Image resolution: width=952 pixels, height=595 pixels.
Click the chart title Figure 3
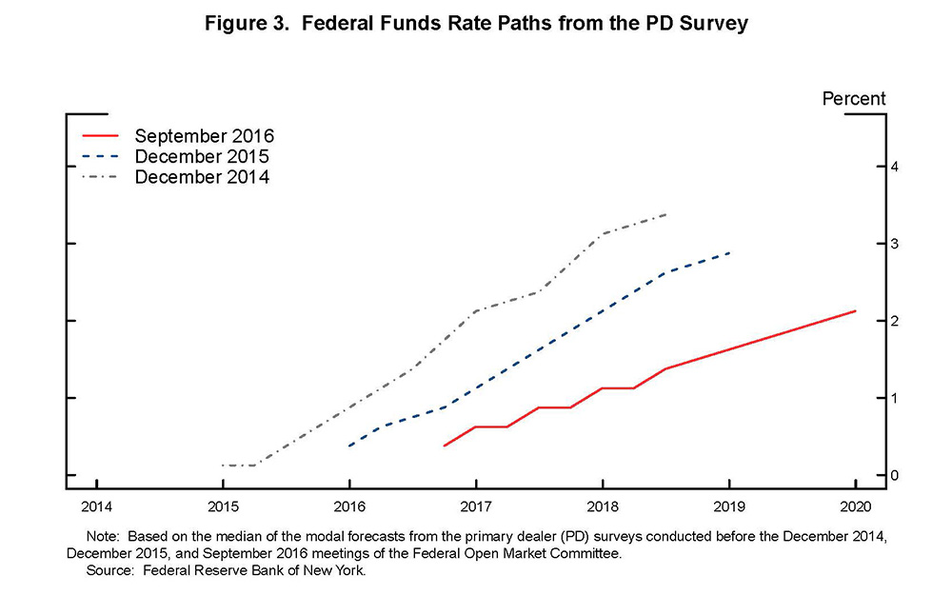click(x=477, y=24)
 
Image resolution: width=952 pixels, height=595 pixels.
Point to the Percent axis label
click(x=854, y=98)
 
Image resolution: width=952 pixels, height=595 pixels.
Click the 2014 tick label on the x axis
click(x=96, y=506)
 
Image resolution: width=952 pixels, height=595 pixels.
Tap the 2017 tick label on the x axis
click(x=476, y=506)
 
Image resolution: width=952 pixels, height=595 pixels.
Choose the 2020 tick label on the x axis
click(x=855, y=506)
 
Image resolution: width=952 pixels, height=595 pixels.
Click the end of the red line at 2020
click(x=855, y=310)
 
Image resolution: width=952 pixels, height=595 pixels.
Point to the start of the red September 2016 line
click(x=445, y=446)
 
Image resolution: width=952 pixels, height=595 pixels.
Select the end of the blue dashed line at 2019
click(x=729, y=253)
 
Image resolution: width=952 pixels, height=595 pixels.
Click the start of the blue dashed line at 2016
click(x=349, y=446)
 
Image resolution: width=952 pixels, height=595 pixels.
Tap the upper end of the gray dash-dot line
click(x=665, y=214)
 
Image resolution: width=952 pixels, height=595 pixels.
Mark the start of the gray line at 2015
click(x=223, y=466)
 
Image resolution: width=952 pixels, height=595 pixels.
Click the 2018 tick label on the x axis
click(x=603, y=506)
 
